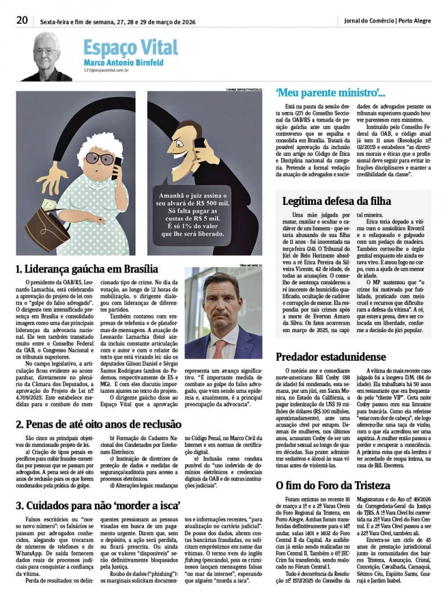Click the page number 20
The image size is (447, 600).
(22, 20)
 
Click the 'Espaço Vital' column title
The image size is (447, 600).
(130, 47)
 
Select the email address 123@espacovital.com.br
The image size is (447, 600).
(107, 70)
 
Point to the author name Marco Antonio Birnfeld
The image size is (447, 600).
(124, 62)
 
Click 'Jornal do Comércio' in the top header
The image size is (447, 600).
(369, 21)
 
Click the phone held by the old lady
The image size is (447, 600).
(117, 167)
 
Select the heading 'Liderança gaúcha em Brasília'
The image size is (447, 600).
(87, 269)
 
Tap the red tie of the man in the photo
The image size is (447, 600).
(219, 348)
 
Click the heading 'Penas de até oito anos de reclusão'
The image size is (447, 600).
(98, 424)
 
